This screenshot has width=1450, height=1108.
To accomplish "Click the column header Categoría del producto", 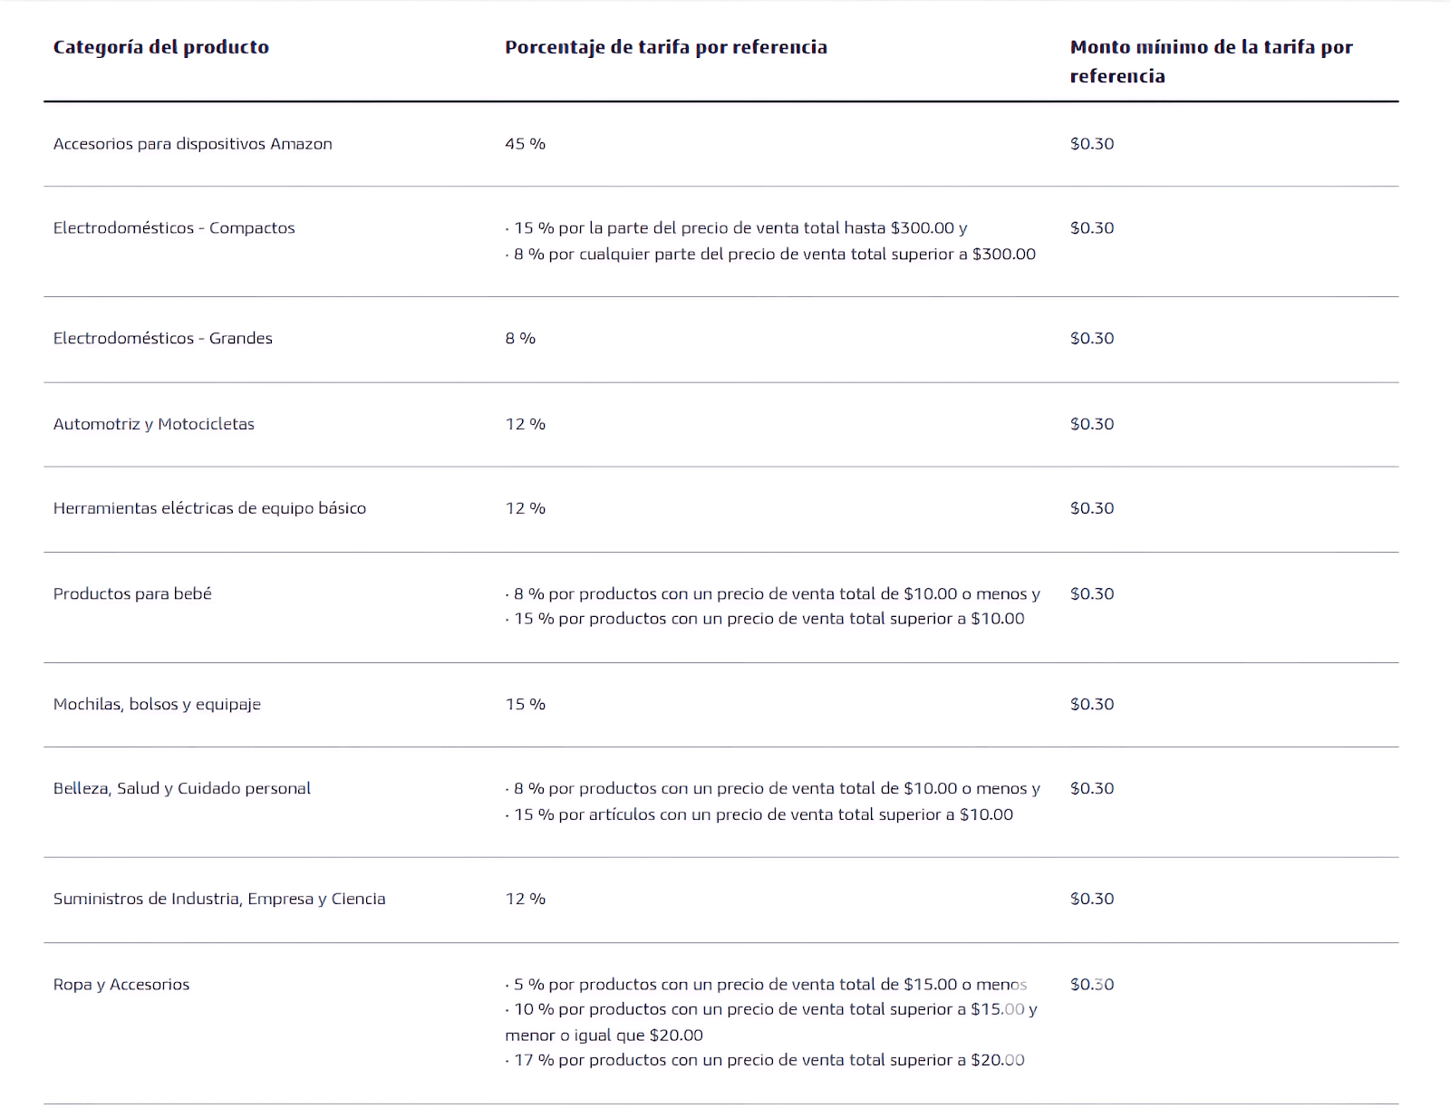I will (x=160, y=47).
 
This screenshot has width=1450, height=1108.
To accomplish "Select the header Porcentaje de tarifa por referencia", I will (x=665, y=47).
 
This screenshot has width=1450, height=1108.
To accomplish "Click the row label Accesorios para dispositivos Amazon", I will (x=192, y=143).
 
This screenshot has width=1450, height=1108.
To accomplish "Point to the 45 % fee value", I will (x=525, y=143).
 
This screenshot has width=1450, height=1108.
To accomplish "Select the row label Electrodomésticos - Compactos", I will (x=174, y=227).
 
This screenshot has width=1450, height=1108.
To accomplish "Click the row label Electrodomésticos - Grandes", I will (x=162, y=338).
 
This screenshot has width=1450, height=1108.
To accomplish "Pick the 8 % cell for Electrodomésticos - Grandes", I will (x=520, y=338).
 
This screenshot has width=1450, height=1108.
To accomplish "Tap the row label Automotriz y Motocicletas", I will (x=153, y=423).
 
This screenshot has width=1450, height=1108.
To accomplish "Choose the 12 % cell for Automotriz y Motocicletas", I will (x=525, y=423).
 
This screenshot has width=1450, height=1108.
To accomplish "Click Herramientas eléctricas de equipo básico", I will (x=209, y=507).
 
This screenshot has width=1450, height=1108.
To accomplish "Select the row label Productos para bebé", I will (x=132, y=593).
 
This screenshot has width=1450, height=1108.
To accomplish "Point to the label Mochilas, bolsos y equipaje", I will (x=157, y=704).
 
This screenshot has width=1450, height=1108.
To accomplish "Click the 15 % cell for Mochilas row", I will (x=525, y=704).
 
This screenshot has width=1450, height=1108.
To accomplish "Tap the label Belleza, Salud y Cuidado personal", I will (x=181, y=788).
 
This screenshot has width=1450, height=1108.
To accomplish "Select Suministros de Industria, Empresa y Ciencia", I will (x=219, y=899).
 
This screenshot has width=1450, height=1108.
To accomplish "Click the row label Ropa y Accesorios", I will (x=121, y=984).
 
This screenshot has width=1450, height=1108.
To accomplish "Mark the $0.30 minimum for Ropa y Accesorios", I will (x=1091, y=984).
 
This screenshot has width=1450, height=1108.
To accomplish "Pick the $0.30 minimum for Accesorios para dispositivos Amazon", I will (x=1091, y=143).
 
